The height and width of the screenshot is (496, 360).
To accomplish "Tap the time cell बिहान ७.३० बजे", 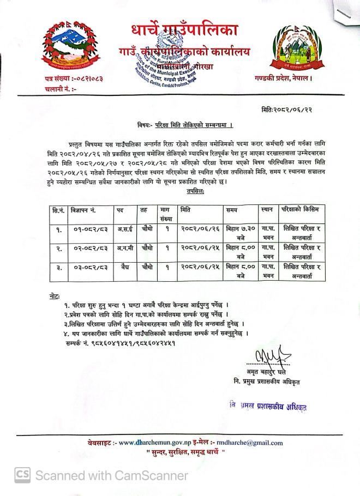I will click(x=241, y=234).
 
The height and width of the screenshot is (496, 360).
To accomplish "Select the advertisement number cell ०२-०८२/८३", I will click(x=87, y=249).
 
